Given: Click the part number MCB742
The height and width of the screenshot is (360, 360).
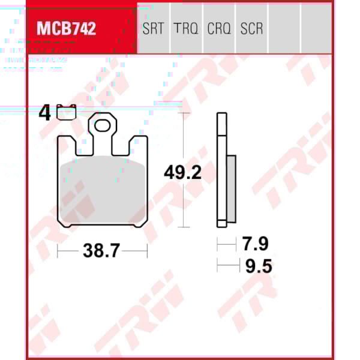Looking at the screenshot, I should point(67,29).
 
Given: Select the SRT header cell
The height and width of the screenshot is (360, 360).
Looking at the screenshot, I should point(154,29).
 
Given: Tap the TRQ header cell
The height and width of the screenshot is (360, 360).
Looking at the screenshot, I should point(186,29).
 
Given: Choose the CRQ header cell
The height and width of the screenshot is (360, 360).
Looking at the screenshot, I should point(219,29).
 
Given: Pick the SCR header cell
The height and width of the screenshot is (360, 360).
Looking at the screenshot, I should point(251,29).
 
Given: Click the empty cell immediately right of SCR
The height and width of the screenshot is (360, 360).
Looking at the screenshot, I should point(284,29).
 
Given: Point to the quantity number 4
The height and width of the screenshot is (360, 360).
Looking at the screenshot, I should point(44,113).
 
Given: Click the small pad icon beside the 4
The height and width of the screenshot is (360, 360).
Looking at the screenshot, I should point(67,111).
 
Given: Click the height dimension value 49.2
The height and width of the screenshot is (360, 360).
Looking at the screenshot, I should point(183,173).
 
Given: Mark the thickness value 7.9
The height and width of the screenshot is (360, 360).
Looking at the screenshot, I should point(255,244).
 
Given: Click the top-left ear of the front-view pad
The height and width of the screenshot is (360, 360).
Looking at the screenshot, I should point(66,144).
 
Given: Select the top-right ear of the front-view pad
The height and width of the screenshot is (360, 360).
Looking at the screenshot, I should point(139,144).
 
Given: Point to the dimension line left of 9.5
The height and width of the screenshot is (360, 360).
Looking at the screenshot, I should point(227,265).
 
